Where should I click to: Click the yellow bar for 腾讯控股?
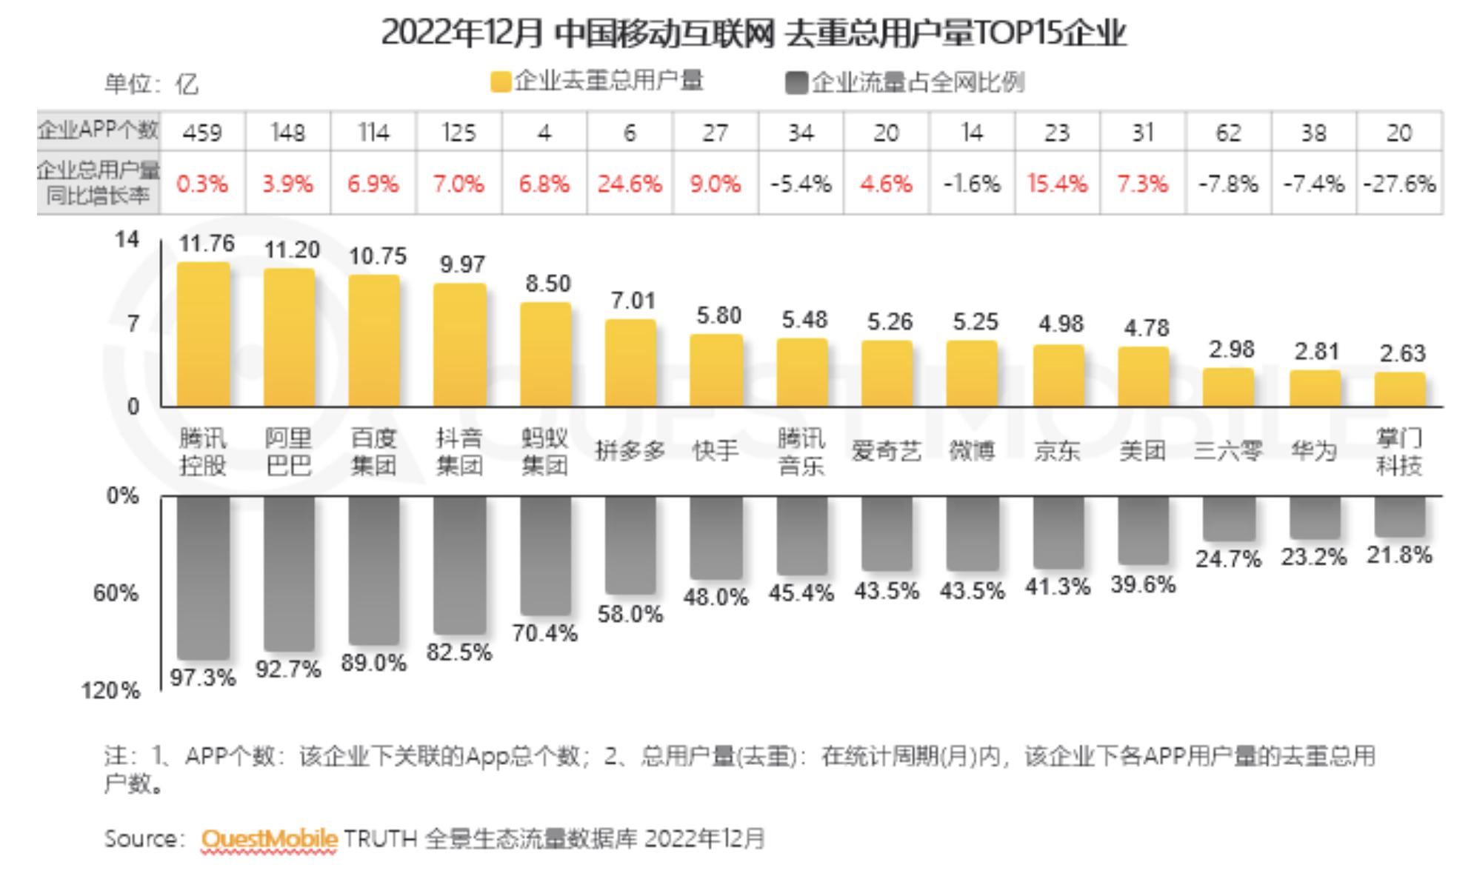pos(203,335)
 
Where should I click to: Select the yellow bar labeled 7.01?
pos(630,363)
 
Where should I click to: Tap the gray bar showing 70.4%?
pos(545,555)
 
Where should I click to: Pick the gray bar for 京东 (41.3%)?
pos(1058,532)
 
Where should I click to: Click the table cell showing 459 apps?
pos(202,133)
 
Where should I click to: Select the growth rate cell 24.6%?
pos(630,184)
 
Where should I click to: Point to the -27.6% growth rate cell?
pos(1399,184)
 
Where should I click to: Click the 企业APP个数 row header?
pos(99,131)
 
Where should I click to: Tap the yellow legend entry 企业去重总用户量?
pos(597,81)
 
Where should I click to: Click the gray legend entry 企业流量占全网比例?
pos(905,83)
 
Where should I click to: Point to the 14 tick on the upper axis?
pos(127,240)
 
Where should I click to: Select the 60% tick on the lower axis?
pos(116,593)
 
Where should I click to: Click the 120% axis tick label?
pos(110,691)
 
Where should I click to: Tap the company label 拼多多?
pos(630,451)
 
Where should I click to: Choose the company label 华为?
pos(1313,451)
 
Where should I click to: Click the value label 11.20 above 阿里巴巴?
pos(292,250)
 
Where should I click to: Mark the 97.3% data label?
pos(203,677)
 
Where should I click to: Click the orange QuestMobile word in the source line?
pos(269,839)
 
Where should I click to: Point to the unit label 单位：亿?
pos(151,84)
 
